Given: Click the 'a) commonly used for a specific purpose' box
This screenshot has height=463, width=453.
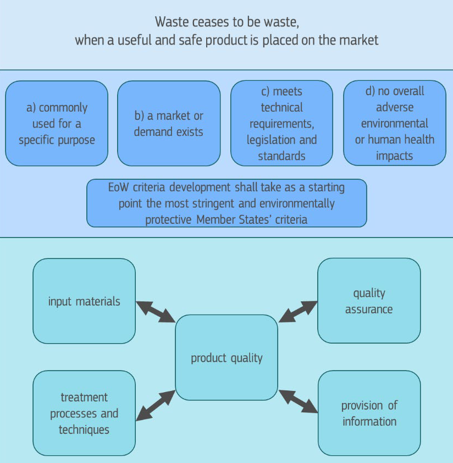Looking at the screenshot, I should tap(57, 123).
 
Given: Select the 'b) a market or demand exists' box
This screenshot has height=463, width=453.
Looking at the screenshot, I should tap(169, 123).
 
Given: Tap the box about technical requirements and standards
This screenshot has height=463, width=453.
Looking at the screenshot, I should tap(281, 123).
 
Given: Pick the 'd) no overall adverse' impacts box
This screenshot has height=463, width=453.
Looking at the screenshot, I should tap(394, 123).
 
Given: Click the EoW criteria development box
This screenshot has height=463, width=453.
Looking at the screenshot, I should tap(226, 203).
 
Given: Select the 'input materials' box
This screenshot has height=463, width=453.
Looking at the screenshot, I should tap(84, 301).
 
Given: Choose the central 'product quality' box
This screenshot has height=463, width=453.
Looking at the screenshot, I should tap(226, 357).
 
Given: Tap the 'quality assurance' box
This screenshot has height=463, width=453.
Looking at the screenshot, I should tap(369, 301).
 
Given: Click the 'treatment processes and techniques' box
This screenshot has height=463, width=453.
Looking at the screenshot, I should tap(84, 413).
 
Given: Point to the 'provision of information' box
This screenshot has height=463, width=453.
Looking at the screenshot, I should tap(369, 413).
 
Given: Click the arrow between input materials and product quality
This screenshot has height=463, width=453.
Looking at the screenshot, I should tap(156, 312).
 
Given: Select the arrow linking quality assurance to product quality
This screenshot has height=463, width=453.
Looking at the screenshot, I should tap(298, 311).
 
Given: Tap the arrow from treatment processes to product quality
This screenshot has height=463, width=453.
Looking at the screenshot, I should tap(156, 405).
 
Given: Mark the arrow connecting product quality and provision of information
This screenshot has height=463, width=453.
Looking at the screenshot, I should tap(299, 401).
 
